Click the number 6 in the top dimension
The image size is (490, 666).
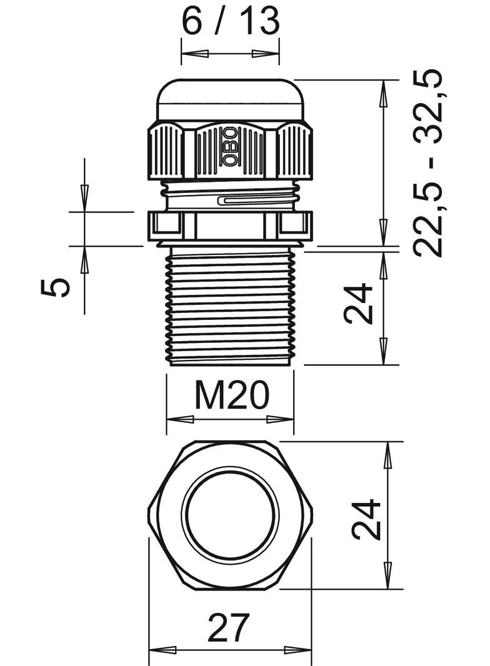click(192, 21)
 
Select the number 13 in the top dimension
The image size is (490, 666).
click(259, 21)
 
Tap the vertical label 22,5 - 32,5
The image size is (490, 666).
click(428, 162)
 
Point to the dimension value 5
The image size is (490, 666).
click(56, 287)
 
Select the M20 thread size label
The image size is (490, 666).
click(231, 395)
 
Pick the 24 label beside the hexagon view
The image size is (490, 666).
click(366, 519)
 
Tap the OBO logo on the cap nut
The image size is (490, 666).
click(230, 147)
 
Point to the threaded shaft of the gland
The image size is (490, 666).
click(230, 306)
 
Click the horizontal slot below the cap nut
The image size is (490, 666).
click(256, 201)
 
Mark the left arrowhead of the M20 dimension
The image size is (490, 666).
click(176, 419)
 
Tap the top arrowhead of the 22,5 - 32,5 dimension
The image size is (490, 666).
click(383, 91)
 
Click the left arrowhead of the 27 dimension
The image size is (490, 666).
click(158, 650)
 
